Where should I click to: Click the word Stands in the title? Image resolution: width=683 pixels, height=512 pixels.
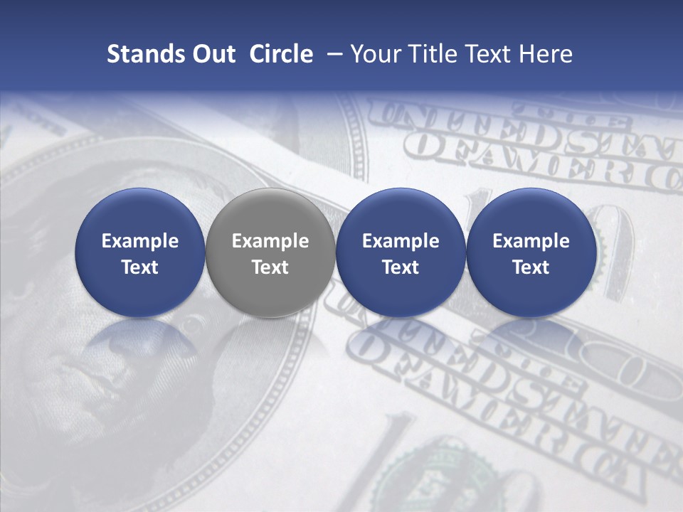(141, 54)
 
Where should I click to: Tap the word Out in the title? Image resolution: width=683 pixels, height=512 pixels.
(211, 54)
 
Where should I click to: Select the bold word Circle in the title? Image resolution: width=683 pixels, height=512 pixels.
(281, 54)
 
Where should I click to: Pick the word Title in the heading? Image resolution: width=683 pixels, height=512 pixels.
(433, 54)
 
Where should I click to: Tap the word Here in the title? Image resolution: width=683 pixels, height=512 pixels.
(546, 54)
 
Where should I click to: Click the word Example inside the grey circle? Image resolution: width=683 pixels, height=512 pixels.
(270, 241)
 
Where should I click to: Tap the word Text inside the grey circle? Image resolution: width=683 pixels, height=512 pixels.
(270, 267)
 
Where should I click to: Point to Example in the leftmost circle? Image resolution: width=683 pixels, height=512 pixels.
(140, 241)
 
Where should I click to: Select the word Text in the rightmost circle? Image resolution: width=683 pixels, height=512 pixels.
(531, 267)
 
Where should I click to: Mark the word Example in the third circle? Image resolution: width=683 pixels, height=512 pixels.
(401, 241)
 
